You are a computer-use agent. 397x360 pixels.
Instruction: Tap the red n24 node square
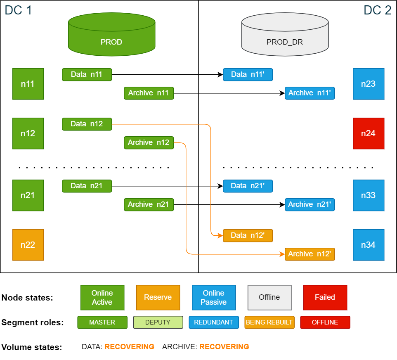pyautogui.click(x=369, y=133)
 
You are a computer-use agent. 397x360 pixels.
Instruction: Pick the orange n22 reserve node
pyautogui.click(x=28, y=245)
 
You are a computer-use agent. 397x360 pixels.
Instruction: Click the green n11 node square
pyautogui.click(x=28, y=84)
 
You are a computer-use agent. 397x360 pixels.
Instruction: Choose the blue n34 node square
pyautogui.click(x=369, y=245)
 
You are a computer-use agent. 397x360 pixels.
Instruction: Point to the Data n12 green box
pyautogui.click(x=87, y=124)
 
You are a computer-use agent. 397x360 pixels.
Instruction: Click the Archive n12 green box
pyautogui.click(x=149, y=142)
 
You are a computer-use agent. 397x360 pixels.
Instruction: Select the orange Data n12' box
pyautogui.click(x=248, y=235)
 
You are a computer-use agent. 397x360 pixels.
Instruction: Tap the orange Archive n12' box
pyautogui.click(x=310, y=254)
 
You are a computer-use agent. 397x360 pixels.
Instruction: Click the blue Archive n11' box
pyautogui.click(x=310, y=93)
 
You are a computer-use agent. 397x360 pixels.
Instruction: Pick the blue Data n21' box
pyautogui.click(x=248, y=186)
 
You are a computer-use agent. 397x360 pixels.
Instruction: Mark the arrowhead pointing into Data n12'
pyautogui.click(x=220, y=235)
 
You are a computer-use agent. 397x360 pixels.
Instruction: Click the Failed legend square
pyautogui.click(x=325, y=297)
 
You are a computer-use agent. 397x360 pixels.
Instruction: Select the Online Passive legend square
pyautogui.click(x=213, y=297)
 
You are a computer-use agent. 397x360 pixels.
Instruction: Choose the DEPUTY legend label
pyautogui.click(x=158, y=322)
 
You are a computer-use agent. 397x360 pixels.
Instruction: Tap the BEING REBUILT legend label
pyautogui.click(x=269, y=322)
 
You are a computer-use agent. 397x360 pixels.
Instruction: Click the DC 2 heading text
pyautogui.click(x=377, y=10)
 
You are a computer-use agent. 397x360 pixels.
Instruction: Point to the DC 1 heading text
pyautogui.click(x=18, y=10)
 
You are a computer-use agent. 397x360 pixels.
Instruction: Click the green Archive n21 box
pyautogui.click(x=149, y=204)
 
